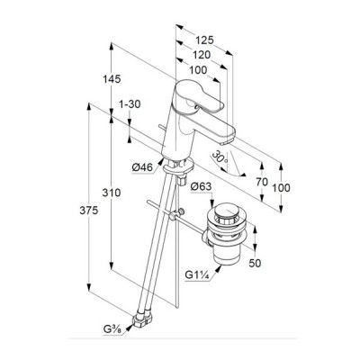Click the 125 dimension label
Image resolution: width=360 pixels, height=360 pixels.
coord(204,40)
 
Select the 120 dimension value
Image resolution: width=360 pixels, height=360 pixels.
coord(202,55)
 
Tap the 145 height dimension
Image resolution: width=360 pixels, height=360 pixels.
coord(112,79)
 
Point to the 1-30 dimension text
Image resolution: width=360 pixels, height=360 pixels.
coord(130,104)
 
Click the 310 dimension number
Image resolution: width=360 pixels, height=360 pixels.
coord(112,193)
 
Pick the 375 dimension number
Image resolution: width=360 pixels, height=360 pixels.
coord(88,211)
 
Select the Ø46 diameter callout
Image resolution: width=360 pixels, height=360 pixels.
coord(142,167)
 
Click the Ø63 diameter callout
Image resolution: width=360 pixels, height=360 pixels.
coord(201,186)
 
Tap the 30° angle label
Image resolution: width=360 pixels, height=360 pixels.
coord(220,157)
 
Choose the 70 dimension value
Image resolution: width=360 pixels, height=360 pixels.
coord(262,182)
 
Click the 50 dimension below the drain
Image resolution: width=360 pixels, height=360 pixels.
coord(255,263)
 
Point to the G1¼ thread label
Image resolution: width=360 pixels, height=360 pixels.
coord(197,274)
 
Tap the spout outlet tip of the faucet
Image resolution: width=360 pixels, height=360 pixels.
coord(228,141)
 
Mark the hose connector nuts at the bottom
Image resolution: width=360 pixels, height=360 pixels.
coord(142,319)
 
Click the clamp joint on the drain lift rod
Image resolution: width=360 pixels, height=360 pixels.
coord(176,214)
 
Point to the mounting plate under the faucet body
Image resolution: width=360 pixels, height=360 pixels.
coord(179,166)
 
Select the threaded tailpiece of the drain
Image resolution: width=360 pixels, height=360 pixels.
coord(227,256)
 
